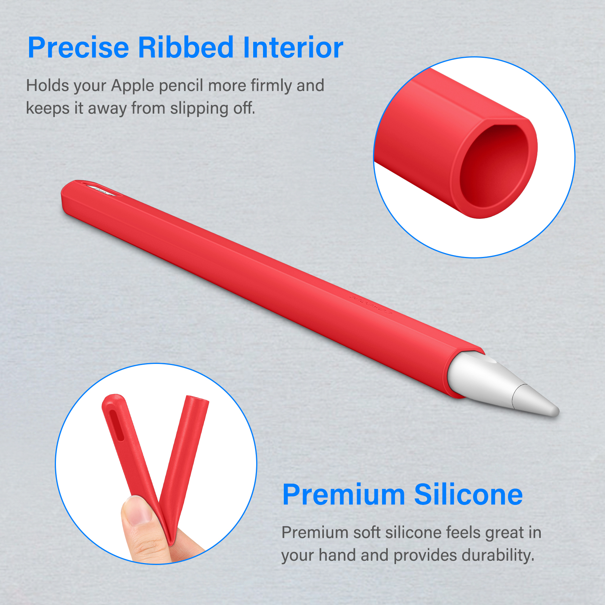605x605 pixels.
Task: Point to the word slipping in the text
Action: pos(199,109)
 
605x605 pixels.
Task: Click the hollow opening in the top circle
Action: pos(495,166)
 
